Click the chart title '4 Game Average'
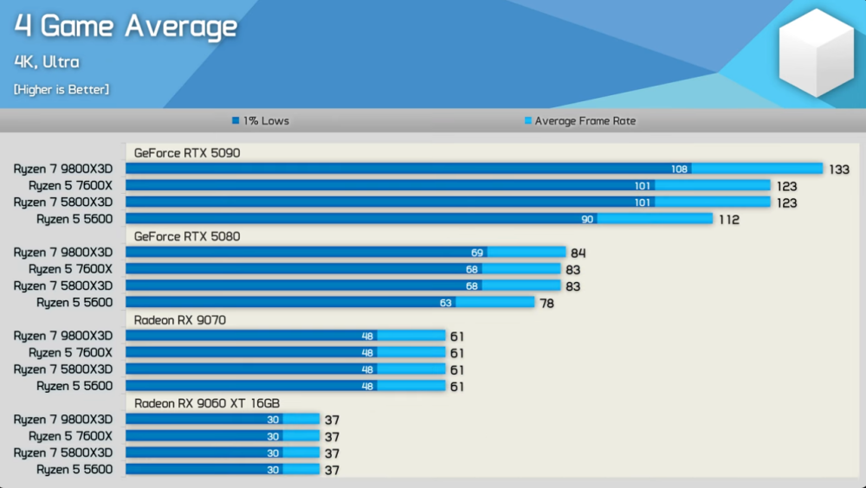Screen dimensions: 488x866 click(x=126, y=27)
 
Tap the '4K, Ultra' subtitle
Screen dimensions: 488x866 click(x=47, y=62)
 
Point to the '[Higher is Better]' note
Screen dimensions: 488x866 click(x=61, y=89)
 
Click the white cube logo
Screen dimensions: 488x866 click(x=817, y=54)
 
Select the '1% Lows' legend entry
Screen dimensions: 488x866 click(x=261, y=121)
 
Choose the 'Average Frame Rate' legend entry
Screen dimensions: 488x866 click(x=579, y=121)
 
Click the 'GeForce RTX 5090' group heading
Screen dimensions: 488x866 click(x=187, y=153)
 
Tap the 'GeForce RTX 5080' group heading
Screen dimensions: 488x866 click(x=187, y=236)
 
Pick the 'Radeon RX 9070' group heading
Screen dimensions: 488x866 click(x=180, y=320)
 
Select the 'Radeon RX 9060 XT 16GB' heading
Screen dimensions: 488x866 click(x=207, y=403)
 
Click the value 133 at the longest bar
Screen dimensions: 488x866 click(x=839, y=170)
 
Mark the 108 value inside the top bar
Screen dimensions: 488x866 click(x=680, y=170)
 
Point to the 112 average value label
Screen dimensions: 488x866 click(x=728, y=220)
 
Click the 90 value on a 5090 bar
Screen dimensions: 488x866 click(x=587, y=220)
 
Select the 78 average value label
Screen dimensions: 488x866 click(x=546, y=303)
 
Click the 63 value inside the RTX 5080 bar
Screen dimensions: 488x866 click(x=446, y=303)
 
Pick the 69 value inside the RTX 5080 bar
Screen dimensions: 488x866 click(x=477, y=253)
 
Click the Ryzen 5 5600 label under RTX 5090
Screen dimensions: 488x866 click(x=74, y=220)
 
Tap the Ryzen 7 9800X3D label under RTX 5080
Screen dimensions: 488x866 click(x=63, y=253)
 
